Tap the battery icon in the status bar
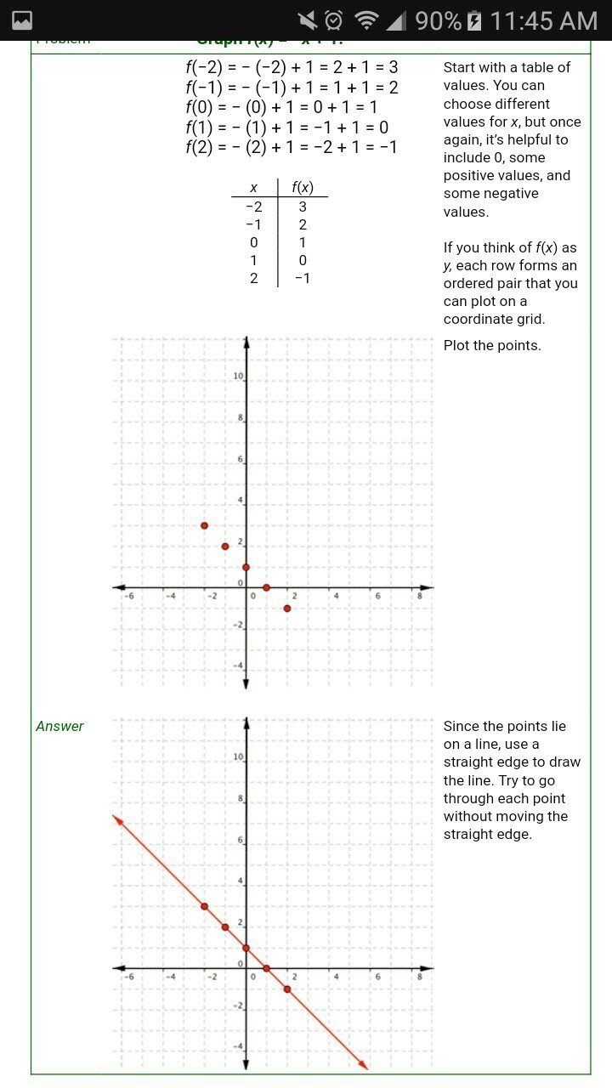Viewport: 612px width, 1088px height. (474, 20)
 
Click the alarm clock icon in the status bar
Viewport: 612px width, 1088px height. (334, 20)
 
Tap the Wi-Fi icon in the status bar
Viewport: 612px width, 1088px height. (366, 20)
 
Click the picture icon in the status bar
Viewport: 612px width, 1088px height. (21, 20)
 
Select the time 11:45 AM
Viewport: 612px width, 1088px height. (544, 20)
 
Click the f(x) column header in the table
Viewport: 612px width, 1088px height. (303, 188)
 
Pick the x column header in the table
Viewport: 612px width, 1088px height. (253, 188)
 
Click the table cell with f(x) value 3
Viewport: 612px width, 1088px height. (303, 207)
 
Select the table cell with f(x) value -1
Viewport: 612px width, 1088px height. (303, 278)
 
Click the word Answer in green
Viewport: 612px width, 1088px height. (59, 726)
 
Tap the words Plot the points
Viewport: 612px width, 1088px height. (492, 345)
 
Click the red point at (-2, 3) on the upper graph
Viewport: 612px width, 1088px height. (204, 525)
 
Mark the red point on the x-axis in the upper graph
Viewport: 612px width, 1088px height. (266, 587)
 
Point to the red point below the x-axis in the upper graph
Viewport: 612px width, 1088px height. (287, 609)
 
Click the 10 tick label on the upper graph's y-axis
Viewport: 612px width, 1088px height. (239, 377)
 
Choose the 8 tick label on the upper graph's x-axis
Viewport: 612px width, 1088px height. (420, 597)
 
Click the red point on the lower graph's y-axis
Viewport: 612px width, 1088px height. (246, 948)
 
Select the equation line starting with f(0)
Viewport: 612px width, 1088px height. (281, 107)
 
